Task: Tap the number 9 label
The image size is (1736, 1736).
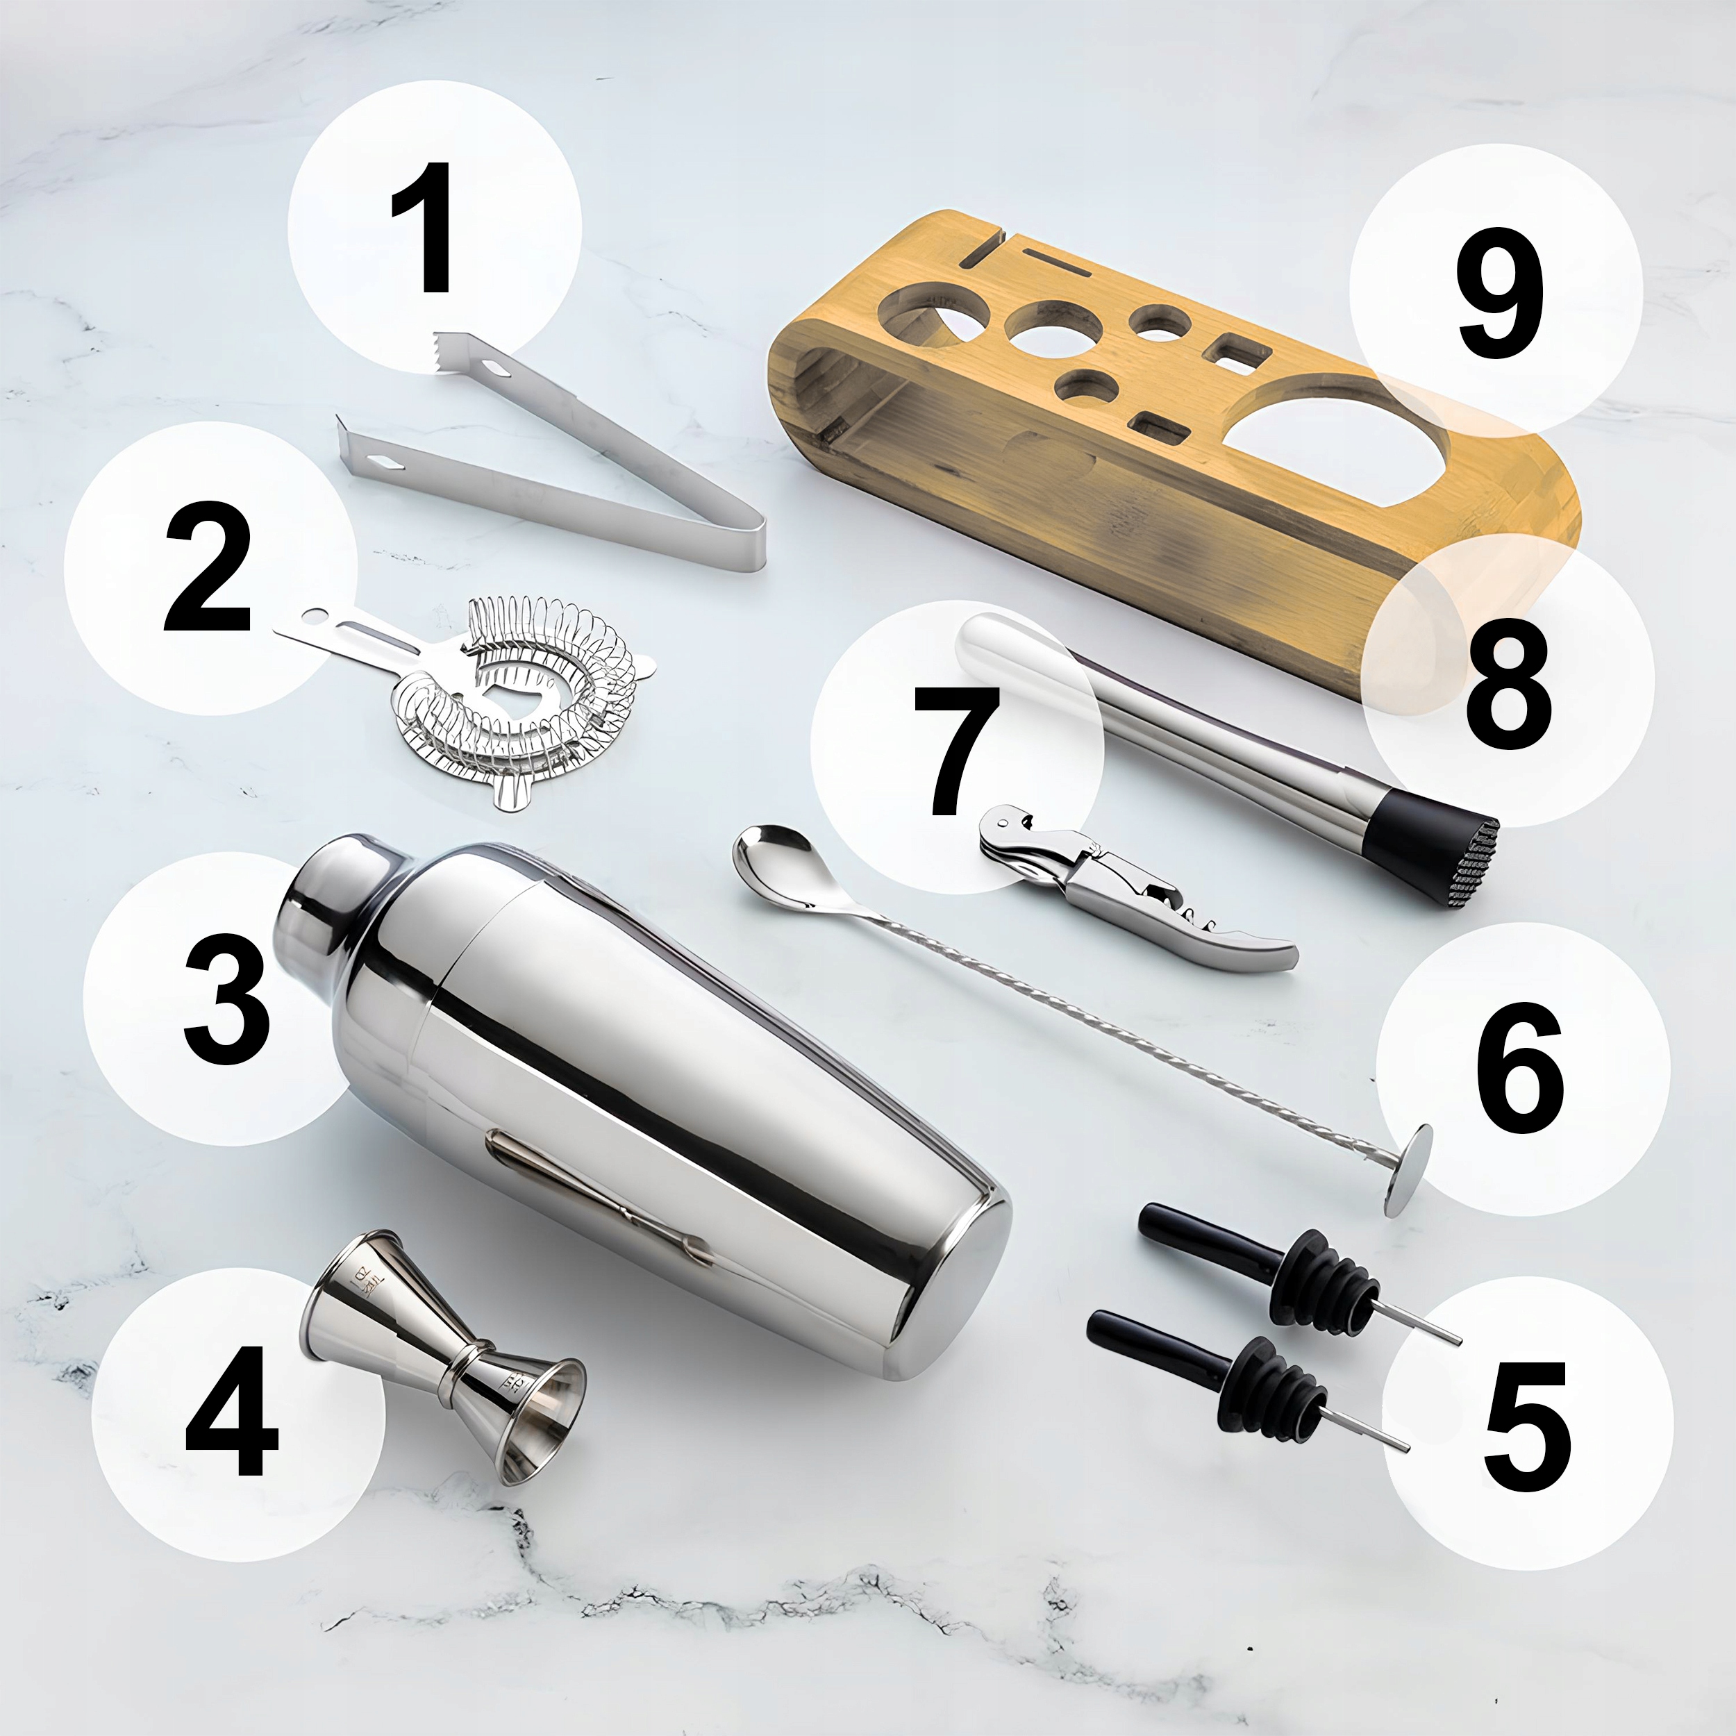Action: click(1499, 292)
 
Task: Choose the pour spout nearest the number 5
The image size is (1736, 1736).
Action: click(1249, 1379)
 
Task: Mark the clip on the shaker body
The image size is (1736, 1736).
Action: click(598, 1195)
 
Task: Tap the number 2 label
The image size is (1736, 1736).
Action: click(208, 568)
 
